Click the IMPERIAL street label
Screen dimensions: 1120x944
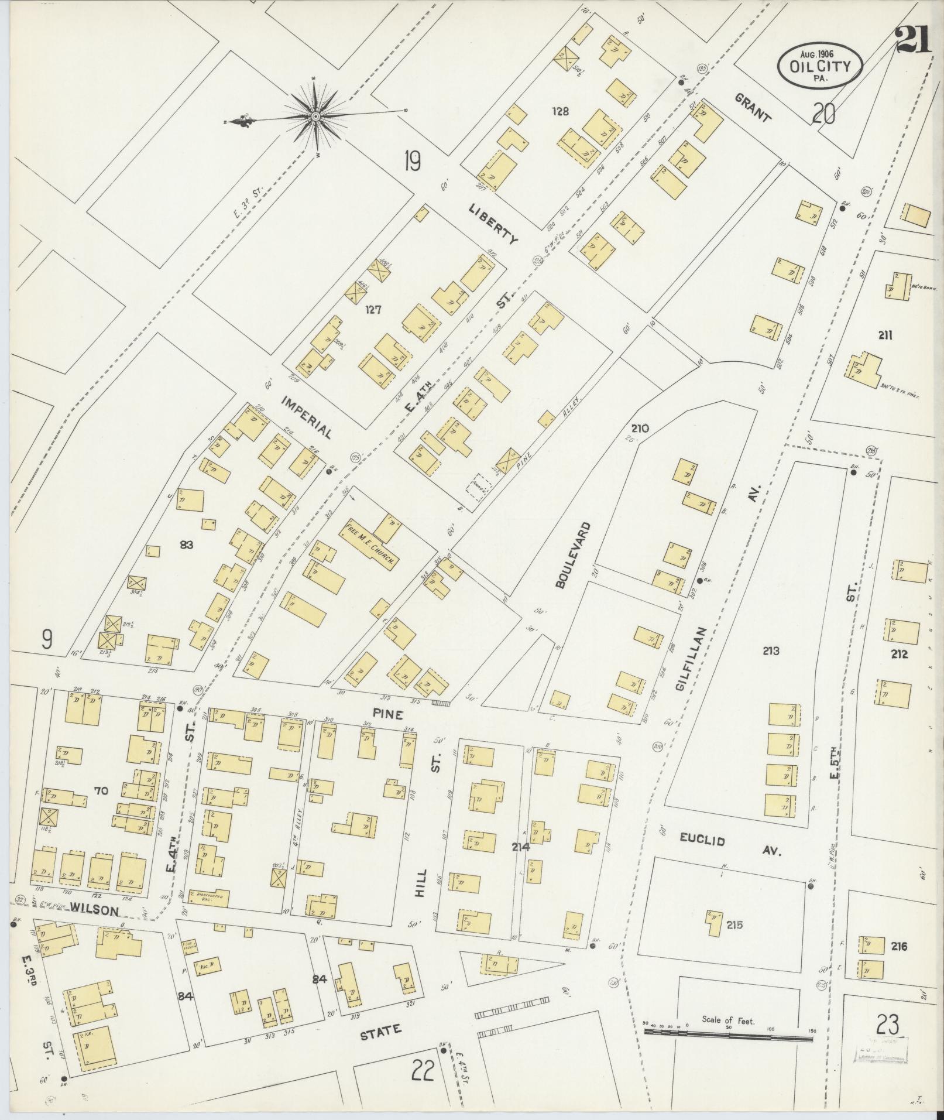(x=307, y=416)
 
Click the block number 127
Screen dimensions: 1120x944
(x=373, y=310)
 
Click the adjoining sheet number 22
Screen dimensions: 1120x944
(x=422, y=1071)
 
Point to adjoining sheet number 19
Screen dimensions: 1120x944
(x=412, y=161)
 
